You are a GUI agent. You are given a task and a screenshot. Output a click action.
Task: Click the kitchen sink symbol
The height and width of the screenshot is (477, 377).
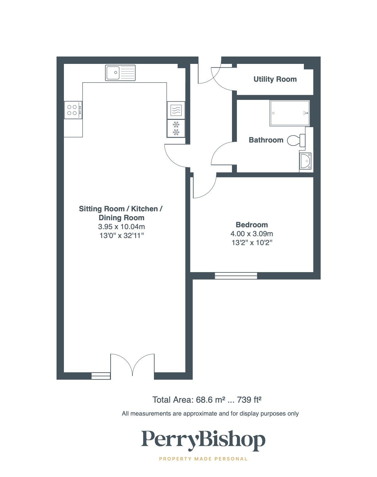120,73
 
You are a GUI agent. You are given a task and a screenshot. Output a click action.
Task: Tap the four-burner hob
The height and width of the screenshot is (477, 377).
73,110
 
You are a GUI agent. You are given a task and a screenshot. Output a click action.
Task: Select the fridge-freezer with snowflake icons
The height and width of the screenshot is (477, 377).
176,128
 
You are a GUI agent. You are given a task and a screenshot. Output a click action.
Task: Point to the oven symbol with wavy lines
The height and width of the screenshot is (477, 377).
176,110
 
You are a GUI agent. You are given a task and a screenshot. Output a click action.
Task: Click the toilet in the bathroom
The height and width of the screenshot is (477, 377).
296,140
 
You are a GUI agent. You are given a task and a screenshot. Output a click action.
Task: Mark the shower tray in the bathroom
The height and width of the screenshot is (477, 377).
289,113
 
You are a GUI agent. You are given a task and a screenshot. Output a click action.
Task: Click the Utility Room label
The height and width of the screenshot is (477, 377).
275,79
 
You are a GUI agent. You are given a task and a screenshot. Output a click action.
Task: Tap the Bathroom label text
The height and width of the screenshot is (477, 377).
266,140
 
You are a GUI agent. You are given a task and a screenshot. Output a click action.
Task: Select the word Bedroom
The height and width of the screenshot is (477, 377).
252,225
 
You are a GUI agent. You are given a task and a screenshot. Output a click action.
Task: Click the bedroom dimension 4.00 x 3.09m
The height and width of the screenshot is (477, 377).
252,234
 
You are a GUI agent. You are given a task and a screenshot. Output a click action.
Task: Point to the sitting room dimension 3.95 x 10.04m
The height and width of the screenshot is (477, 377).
121,227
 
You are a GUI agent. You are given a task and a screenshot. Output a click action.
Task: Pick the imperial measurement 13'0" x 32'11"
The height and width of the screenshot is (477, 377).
121,236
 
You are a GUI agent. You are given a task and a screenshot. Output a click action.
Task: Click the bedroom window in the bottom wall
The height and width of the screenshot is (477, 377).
236,276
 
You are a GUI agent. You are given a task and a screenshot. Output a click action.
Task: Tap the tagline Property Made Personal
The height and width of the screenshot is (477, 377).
203,459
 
